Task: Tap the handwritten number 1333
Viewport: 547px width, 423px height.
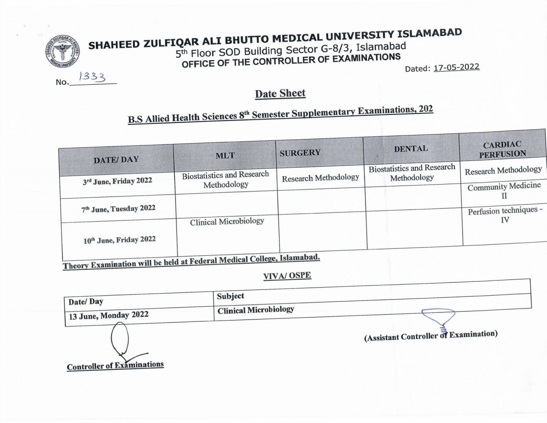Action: [x=92, y=77]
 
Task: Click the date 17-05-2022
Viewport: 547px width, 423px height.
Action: [x=456, y=67]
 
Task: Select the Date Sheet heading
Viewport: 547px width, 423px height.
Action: [x=280, y=93]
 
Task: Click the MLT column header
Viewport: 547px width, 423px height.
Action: [x=225, y=156]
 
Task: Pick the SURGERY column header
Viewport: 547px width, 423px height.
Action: [x=300, y=153]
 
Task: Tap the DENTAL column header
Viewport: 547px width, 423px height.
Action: [x=411, y=149]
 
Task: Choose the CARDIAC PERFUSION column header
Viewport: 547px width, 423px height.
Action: [x=502, y=149]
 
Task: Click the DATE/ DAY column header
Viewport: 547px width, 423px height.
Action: [x=116, y=159]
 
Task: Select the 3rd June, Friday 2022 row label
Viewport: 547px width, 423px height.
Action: [x=117, y=181]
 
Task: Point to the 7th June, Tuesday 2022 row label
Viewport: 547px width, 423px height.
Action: [x=118, y=209]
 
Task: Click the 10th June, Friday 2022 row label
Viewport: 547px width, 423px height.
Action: [x=120, y=240]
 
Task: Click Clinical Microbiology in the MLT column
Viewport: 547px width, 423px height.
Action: [x=227, y=222]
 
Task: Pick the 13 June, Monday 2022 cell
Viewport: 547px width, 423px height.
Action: [x=109, y=315]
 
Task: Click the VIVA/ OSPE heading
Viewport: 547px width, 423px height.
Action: [x=287, y=275]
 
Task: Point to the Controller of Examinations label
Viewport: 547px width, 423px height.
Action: [x=115, y=366]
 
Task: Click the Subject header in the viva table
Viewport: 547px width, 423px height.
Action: [x=230, y=296]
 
